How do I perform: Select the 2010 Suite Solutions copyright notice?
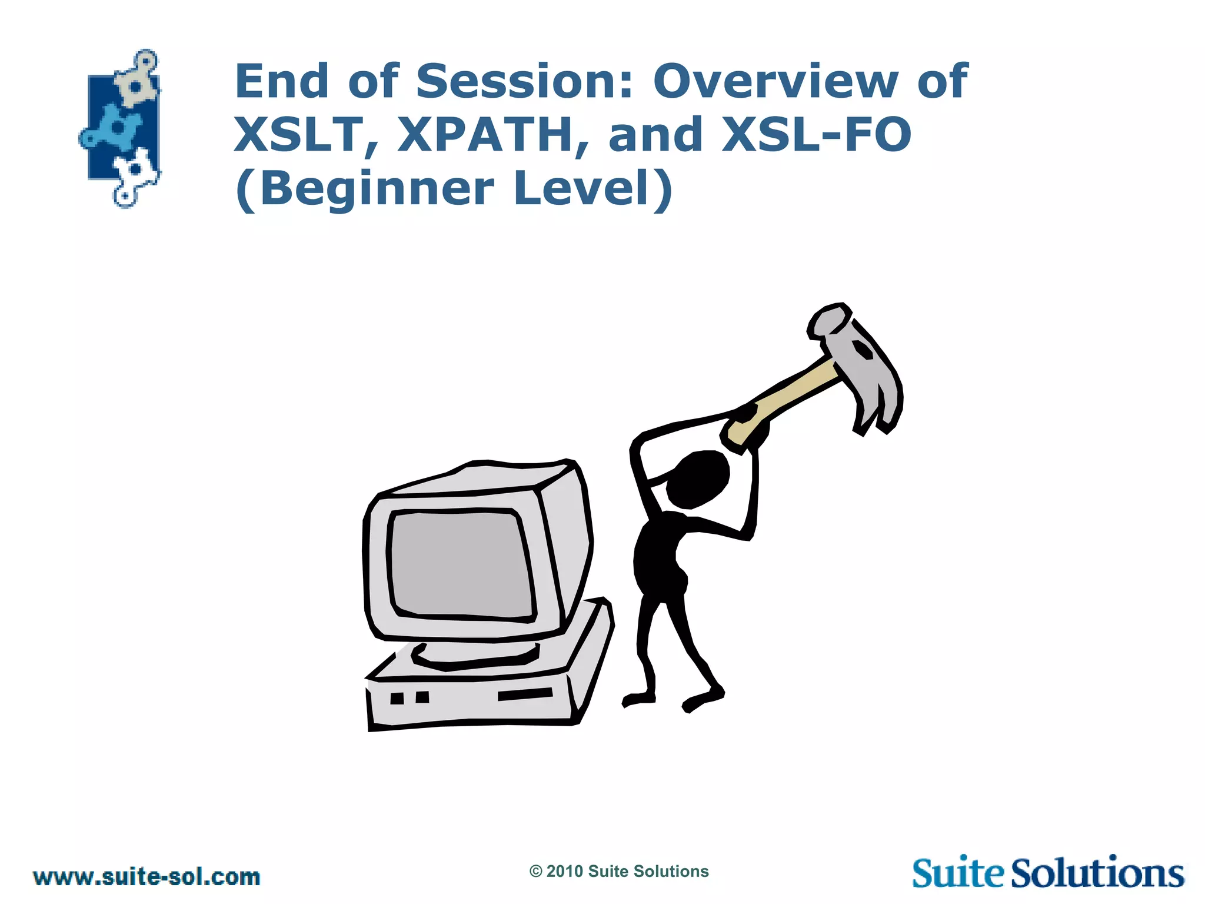point(619,872)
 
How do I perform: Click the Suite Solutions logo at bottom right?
point(1048,873)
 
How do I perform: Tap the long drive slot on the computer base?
point(525,694)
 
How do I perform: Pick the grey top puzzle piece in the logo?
point(137,82)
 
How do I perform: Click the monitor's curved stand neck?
point(474,656)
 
